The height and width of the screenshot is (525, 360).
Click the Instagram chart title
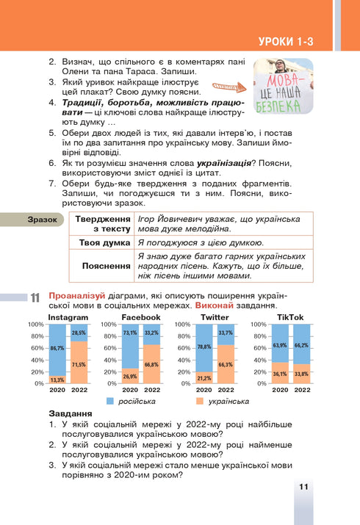point(68,317)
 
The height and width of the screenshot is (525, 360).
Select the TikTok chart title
point(290,317)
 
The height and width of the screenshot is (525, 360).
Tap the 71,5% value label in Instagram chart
point(79,364)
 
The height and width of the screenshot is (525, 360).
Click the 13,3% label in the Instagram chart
point(57,380)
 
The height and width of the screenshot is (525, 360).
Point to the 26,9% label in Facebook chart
point(130,377)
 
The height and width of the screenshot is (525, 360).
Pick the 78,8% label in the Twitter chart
point(204,347)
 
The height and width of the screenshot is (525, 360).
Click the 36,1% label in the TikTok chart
point(279,374)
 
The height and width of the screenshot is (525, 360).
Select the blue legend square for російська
point(109,402)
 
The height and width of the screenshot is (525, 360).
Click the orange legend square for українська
point(200,402)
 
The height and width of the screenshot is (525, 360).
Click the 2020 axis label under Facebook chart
point(130,390)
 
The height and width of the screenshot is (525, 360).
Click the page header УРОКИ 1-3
point(286,43)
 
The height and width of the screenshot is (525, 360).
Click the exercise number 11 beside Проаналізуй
point(34,298)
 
